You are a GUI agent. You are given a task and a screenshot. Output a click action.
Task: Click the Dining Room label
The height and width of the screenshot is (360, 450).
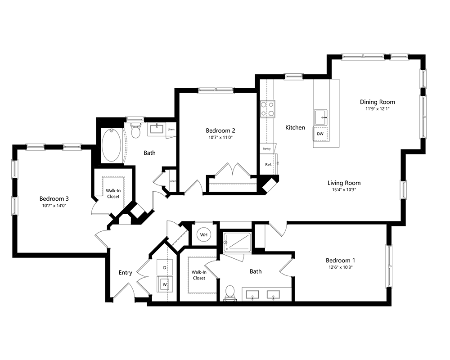[377, 102]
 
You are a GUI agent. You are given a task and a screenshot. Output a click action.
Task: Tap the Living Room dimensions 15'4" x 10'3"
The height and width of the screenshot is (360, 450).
[344, 189]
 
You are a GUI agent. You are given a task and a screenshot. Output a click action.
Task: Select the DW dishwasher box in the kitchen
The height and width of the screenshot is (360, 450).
[320, 134]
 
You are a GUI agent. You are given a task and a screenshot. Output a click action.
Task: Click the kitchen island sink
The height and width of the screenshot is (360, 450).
[321, 117]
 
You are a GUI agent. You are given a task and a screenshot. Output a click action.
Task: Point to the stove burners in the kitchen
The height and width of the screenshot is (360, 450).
[267, 109]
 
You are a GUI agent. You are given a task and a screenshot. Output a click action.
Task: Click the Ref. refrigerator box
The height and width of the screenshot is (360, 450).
[268, 165]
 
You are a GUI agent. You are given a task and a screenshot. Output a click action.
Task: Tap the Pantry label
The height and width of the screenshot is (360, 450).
[266, 148]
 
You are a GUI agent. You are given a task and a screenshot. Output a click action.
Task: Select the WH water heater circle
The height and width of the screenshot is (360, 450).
[204, 234]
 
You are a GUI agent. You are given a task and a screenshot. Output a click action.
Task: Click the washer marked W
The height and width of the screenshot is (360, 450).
[165, 284]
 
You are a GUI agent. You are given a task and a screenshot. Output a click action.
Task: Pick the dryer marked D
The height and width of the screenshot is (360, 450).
[165, 268]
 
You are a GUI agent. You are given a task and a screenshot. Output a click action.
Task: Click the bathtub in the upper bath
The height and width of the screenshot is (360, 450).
[111, 145]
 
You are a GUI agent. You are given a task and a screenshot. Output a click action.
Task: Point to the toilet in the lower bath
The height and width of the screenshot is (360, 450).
[229, 292]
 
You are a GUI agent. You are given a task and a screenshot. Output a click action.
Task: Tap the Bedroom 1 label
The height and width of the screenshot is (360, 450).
[341, 260]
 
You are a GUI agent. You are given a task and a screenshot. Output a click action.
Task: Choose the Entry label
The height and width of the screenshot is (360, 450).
[125, 272]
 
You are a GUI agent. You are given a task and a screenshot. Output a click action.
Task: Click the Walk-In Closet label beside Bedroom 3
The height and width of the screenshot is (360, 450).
[113, 193]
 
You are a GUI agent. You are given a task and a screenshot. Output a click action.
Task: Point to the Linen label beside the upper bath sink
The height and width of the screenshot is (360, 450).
[171, 130]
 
